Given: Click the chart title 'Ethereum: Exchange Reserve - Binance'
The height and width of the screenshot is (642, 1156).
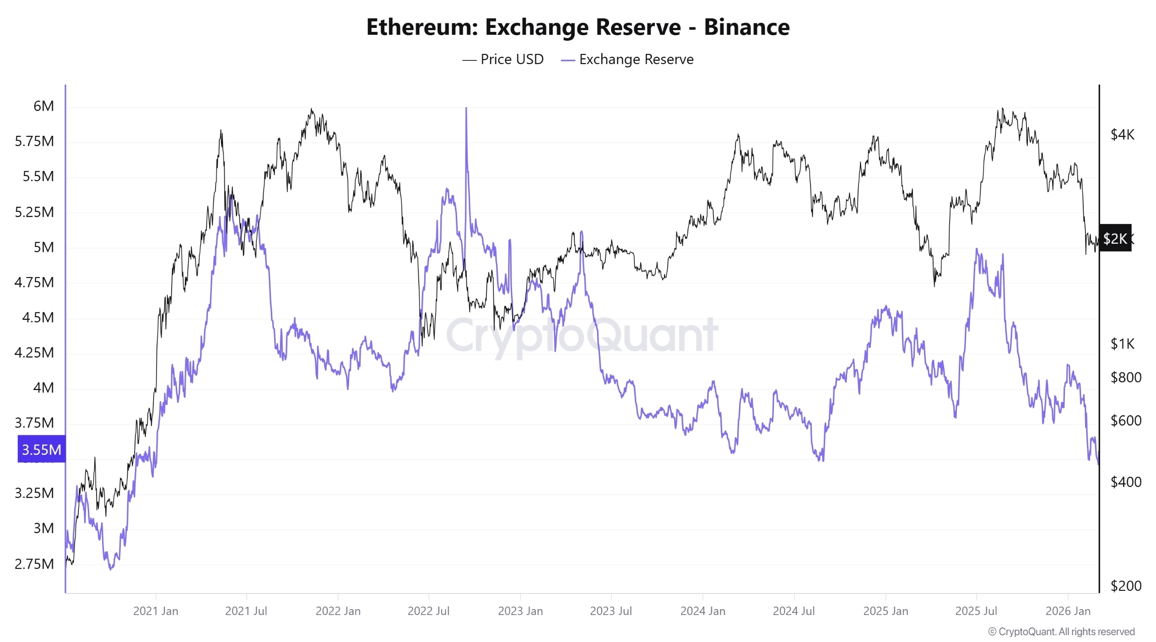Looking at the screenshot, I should point(578,27).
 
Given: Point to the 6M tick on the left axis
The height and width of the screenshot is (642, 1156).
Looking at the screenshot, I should point(43,106).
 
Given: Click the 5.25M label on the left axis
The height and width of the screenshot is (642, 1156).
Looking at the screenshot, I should point(34,212).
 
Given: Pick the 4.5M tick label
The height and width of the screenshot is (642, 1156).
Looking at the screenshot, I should point(38,317).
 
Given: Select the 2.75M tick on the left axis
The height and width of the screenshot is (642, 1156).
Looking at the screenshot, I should point(34,564).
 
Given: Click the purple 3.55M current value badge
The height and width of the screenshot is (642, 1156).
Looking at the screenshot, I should point(41,449).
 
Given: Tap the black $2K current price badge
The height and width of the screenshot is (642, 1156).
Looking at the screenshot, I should point(1115,238).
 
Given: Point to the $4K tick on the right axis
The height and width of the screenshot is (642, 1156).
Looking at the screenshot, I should point(1122,134).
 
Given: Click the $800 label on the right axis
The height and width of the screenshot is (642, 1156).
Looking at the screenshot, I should point(1125,377).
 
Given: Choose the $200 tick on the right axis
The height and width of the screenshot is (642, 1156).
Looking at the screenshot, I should point(1125,586).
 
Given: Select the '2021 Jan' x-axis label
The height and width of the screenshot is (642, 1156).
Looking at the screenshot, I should point(156,611).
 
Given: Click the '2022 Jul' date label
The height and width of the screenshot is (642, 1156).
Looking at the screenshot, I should point(428,611).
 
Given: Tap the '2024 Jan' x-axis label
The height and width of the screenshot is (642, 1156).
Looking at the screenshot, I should point(702,611).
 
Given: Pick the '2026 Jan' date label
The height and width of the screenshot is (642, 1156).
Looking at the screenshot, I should point(1068,611).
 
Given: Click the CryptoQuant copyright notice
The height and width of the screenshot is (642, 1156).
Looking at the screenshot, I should point(1061,631).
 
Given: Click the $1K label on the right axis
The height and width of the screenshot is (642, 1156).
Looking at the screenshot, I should point(1122,343).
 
